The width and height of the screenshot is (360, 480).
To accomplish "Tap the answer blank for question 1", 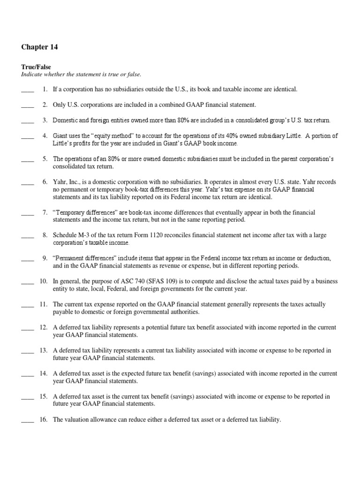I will tap(28, 89).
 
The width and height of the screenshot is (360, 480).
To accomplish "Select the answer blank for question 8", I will tap(28, 235).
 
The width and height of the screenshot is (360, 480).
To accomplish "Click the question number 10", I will tap(44, 281).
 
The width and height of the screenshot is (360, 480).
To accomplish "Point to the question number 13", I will tap(44, 350).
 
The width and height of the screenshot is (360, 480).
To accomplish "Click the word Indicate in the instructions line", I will tap(33, 75).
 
